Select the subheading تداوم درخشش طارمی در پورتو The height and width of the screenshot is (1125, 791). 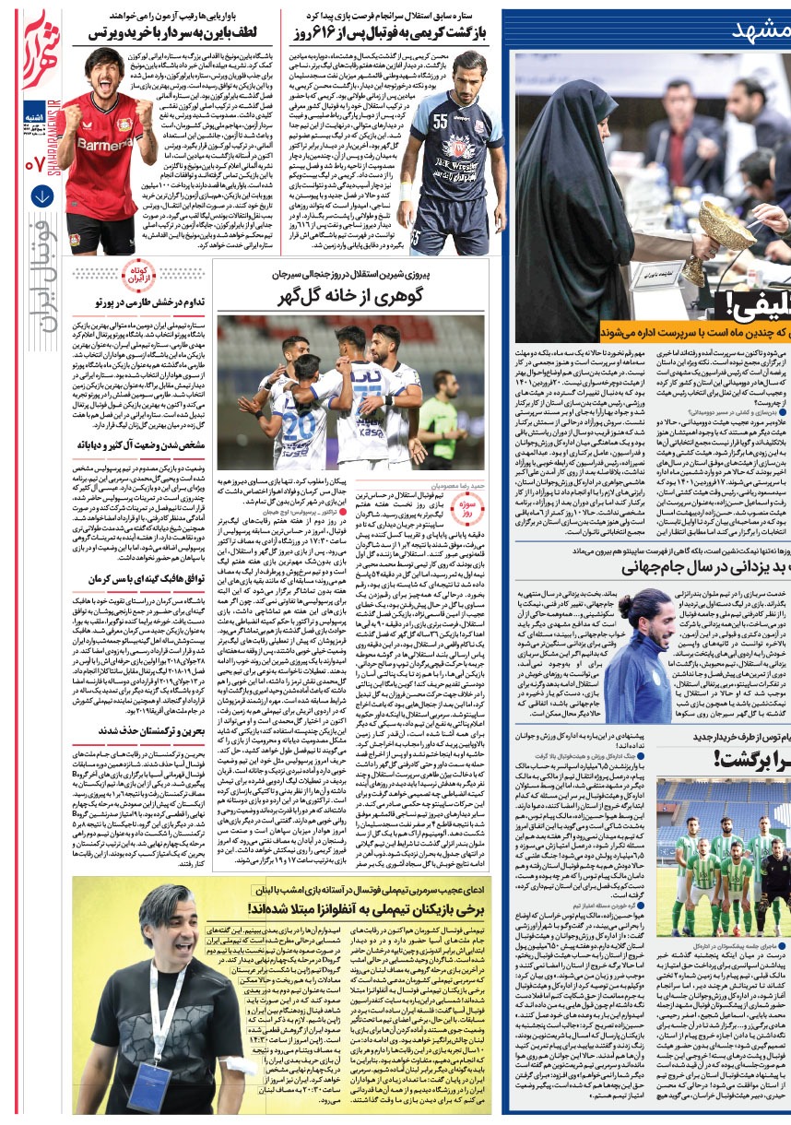148,302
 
